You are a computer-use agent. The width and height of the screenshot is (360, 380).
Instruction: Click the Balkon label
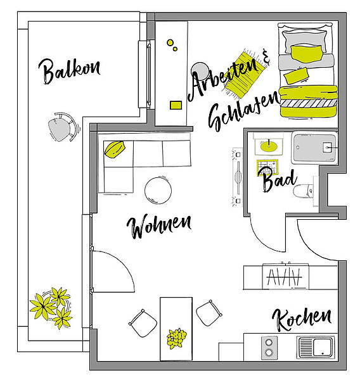[69, 71]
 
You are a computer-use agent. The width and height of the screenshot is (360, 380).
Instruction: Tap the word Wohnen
[159, 225]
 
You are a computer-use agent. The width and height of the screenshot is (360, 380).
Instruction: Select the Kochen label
[302, 319]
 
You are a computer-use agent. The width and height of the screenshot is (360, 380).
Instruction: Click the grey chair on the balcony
[63, 127]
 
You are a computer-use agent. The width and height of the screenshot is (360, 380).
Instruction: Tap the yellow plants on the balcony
[51, 307]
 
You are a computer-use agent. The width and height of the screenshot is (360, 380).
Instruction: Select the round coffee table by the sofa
[158, 190]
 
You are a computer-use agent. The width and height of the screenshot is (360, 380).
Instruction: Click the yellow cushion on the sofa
[115, 149]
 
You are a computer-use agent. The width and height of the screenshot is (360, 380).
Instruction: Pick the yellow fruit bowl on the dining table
[176, 338]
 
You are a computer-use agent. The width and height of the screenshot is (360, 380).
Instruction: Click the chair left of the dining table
[143, 323]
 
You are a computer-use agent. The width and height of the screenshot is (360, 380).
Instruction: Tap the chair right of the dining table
[209, 313]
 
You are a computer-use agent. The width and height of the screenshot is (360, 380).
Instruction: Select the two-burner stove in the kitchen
[269, 347]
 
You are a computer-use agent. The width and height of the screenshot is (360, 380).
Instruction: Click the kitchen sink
[316, 347]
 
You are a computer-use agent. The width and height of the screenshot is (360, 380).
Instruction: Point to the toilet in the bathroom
[304, 191]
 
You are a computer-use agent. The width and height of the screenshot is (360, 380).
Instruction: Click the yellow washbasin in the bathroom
[269, 146]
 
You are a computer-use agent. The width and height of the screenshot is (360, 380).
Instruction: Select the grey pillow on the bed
[304, 40]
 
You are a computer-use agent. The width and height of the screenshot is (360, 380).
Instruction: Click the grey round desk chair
[200, 71]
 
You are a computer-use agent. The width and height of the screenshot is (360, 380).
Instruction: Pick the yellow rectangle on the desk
[176, 105]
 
